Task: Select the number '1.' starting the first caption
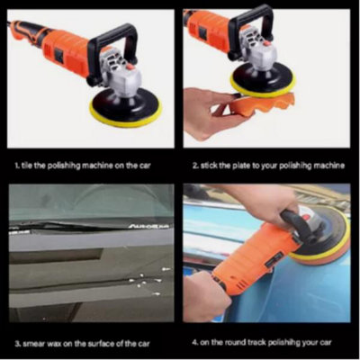click(x=17, y=166)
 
